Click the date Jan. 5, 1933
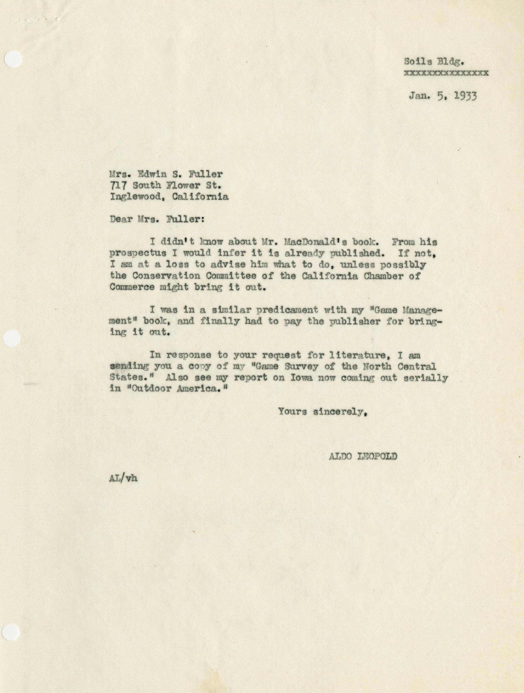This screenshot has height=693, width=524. point(442,96)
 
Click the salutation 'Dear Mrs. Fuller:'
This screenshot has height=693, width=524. point(157,219)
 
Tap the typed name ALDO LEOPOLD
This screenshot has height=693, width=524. point(363,456)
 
